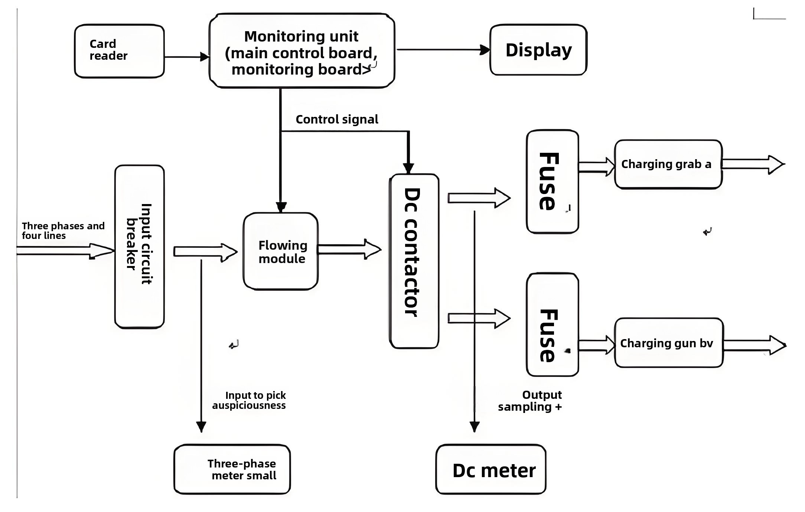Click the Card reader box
click(119, 51)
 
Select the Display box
click(538, 50)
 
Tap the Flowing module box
click(281, 252)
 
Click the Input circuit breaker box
click(140, 246)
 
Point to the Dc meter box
click(491, 470)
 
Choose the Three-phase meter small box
click(232, 469)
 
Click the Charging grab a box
click(668, 164)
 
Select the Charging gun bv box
click(669, 343)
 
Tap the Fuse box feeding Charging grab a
click(552, 181)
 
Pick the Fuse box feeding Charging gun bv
click(552, 325)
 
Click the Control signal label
click(337, 119)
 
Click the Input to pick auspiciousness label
click(250, 400)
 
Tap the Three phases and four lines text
click(62, 231)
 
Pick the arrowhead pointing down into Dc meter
click(475, 427)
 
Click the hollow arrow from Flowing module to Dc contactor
click(349, 249)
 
